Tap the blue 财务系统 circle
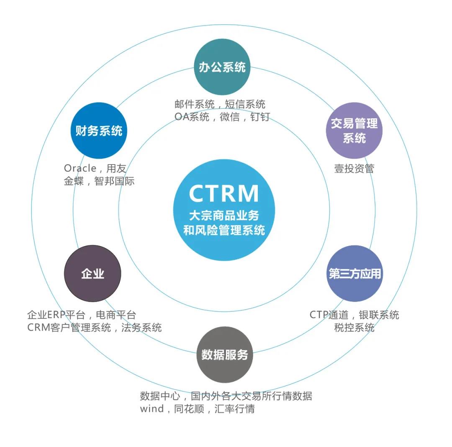point(99,131)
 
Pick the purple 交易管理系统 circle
point(354,131)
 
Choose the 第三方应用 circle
point(354,274)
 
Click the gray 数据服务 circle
point(225,355)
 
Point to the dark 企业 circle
point(92,274)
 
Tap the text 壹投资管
point(354,168)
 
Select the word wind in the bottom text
point(152,408)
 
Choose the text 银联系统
point(379,315)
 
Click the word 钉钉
point(259,117)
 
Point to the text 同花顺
point(189,408)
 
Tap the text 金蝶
point(74,181)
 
